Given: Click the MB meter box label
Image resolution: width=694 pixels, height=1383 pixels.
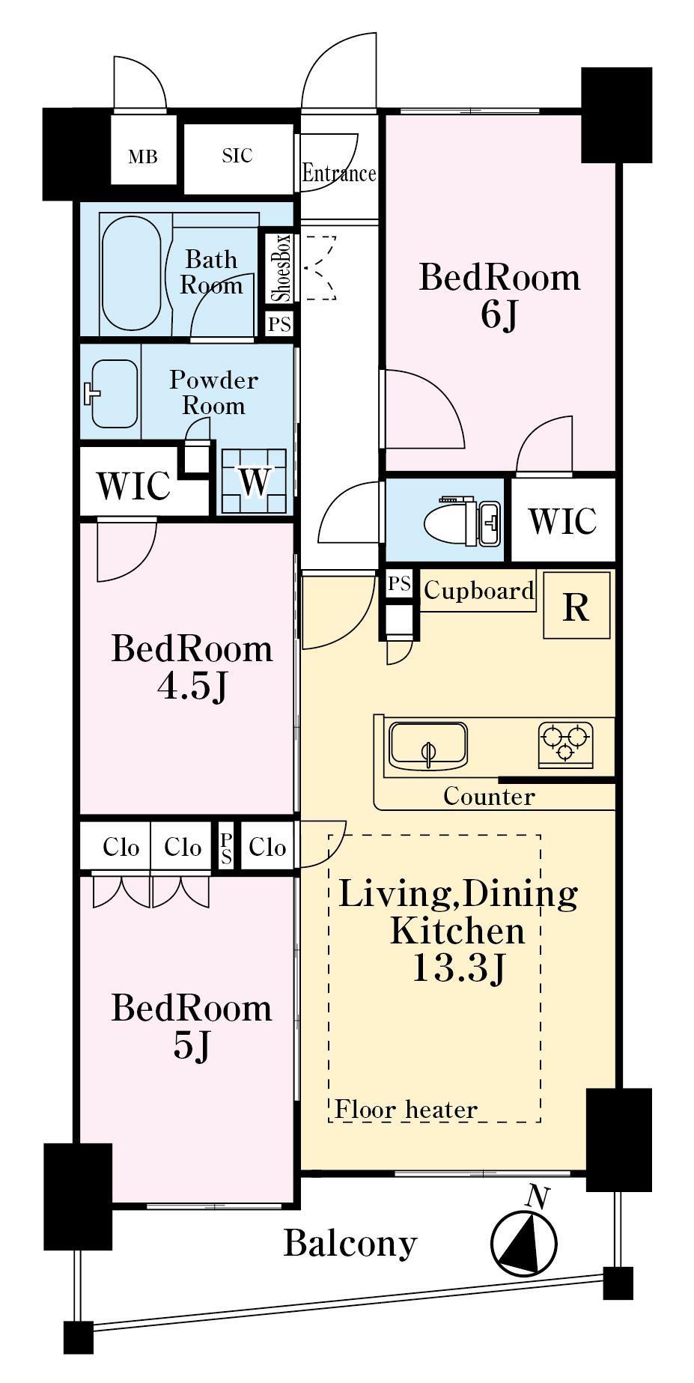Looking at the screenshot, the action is pyautogui.click(x=142, y=157).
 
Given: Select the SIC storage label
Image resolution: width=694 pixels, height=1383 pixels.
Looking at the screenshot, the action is pyautogui.click(x=237, y=156).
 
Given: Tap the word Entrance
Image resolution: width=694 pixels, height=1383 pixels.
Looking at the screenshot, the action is pyautogui.click(x=338, y=174).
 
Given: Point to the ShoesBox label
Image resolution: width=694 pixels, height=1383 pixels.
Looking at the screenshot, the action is pyautogui.click(x=281, y=267).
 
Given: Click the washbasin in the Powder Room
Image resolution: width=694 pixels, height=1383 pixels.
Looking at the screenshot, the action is pyautogui.click(x=114, y=393).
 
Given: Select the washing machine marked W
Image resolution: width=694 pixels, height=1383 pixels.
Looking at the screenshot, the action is pyautogui.click(x=254, y=481).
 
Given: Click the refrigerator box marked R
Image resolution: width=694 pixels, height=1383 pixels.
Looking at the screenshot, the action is pyautogui.click(x=576, y=605).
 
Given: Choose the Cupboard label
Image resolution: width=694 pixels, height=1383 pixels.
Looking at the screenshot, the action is pyautogui.click(x=479, y=591).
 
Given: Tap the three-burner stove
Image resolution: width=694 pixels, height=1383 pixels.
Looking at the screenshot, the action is pyautogui.click(x=566, y=745).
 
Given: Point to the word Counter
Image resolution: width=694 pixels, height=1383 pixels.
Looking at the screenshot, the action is pyautogui.click(x=489, y=796).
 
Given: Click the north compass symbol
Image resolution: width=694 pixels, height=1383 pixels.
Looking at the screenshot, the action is pyautogui.click(x=526, y=1234).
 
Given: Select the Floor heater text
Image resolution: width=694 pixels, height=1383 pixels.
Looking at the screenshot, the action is pyautogui.click(x=406, y=1109).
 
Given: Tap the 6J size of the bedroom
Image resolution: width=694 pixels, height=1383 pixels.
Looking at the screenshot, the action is pyautogui.click(x=499, y=315).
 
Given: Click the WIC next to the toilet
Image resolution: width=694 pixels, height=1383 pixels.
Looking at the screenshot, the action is pyautogui.click(x=562, y=520).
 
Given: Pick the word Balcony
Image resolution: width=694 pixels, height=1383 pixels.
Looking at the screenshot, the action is pyautogui.click(x=350, y=1244).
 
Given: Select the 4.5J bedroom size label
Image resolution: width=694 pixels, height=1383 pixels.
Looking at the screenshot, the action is pyautogui.click(x=192, y=687).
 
